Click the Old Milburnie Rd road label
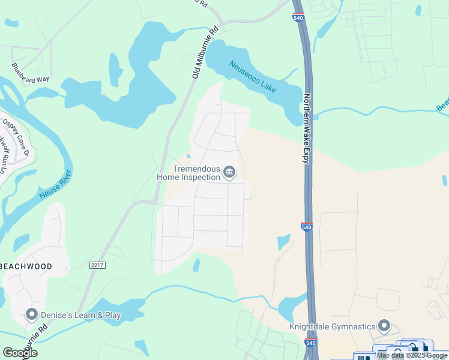[x=205, y=52]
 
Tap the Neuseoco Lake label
[x=253, y=76]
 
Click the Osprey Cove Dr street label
[x=16, y=136]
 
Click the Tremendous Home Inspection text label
[x=188, y=173]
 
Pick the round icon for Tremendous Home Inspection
[x=229, y=173]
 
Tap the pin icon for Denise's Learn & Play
[x=32, y=314]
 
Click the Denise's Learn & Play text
[x=80, y=315]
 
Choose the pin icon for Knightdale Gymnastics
[x=385, y=327]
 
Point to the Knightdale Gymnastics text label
[x=332, y=327]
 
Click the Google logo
[x=20, y=353]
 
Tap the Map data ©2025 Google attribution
[x=412, y=355]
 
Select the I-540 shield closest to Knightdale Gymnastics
[x=310, y=343]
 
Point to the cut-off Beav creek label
[x=442, y=104]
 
